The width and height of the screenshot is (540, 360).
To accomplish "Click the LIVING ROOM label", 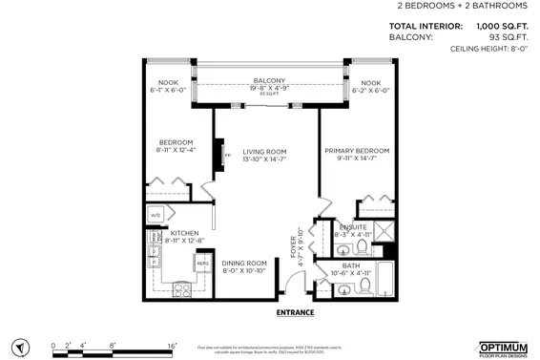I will coord(264,151).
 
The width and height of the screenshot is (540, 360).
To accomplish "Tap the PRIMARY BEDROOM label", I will coord(357,151).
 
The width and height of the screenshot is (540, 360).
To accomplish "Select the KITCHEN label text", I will coord(184,233).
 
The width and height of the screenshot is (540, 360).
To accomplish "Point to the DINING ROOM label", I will coord(244,263).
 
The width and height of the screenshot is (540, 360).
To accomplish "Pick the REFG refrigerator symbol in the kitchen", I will coord(202,262).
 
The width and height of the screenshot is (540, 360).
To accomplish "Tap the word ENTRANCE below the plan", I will coord(295,312).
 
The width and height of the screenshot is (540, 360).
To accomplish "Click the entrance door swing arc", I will coord(297,283).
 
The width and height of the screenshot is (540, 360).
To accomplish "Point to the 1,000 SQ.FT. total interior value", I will coord(502,26).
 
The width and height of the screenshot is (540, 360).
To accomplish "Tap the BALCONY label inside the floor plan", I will coord(269,80).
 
